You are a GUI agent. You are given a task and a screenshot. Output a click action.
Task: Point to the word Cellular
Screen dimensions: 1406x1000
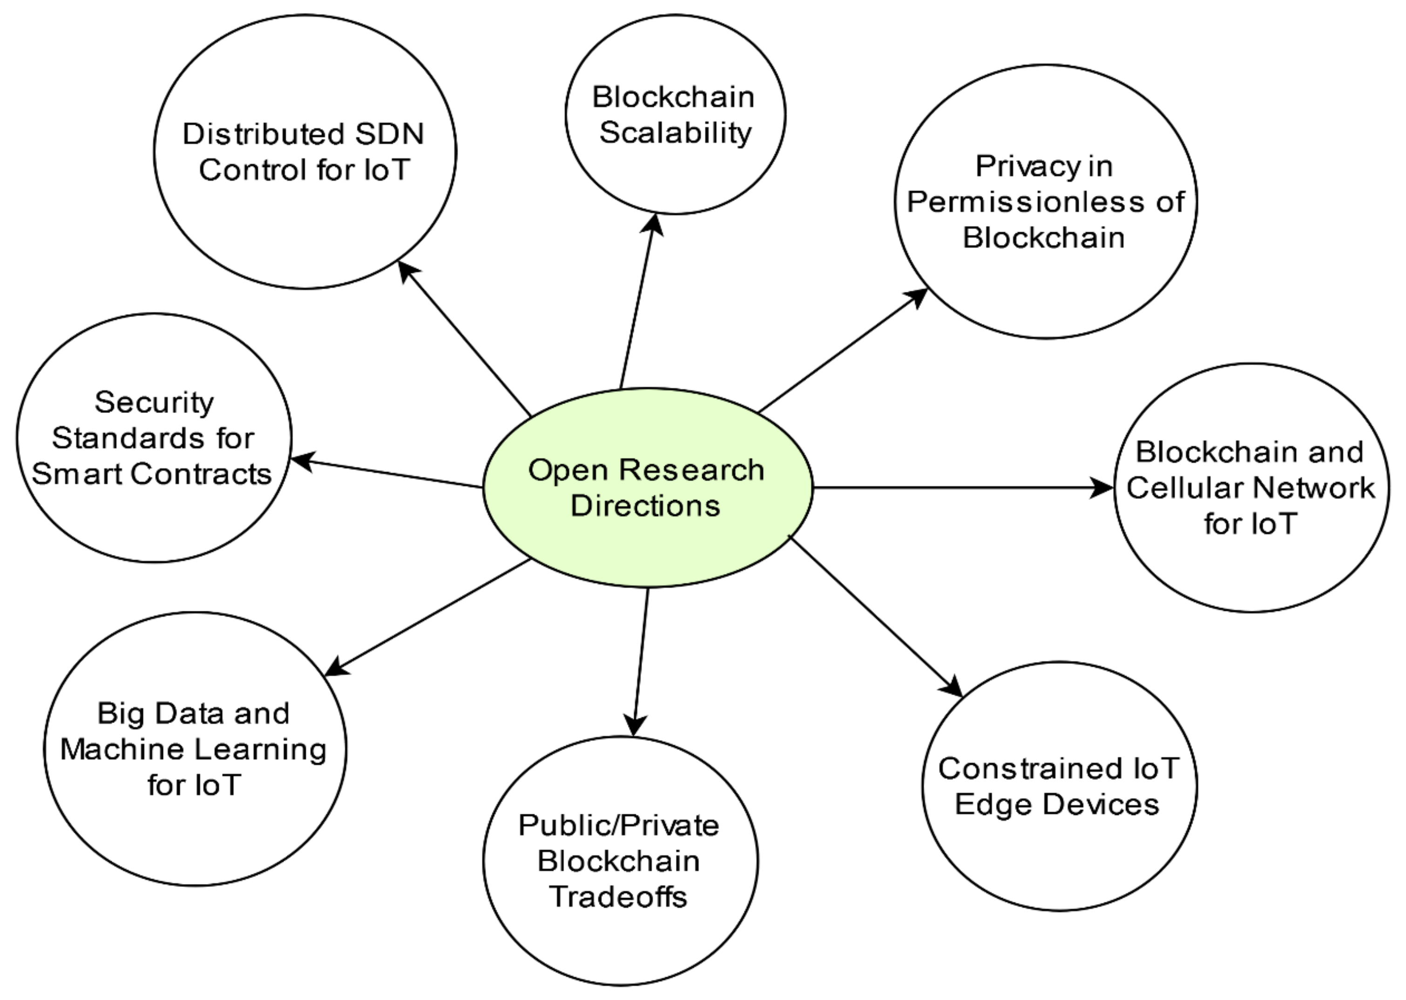point(1185,488)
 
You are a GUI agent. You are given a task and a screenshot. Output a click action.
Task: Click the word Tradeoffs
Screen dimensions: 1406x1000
point(618,897)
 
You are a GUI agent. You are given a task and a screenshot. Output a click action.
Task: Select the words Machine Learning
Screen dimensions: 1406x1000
point(193,750)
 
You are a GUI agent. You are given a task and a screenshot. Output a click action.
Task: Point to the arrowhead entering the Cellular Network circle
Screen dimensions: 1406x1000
point(1102,488)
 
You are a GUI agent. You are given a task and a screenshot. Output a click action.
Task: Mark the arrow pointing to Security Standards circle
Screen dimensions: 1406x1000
point(388,473)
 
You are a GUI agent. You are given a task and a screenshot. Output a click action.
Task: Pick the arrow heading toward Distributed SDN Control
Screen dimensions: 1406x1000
point(465,338)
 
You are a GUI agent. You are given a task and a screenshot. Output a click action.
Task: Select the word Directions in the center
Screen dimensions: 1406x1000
point(645,506)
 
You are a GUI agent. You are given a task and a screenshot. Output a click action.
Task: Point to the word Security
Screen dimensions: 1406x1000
point(154,403)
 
